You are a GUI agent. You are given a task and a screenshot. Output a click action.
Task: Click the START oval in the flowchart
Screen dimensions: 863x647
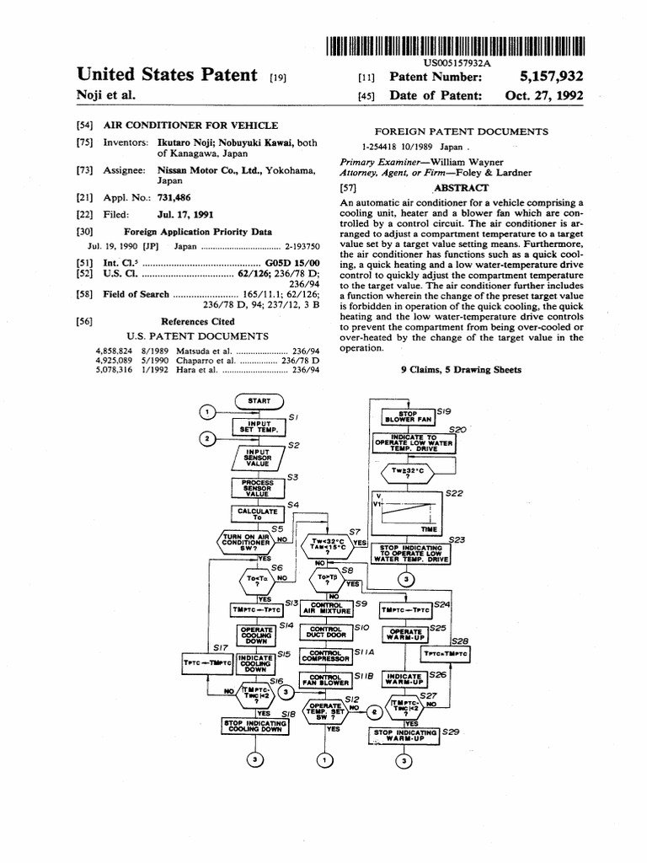[x=259, y=400]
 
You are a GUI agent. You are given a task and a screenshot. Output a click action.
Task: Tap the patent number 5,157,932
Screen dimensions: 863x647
[x=544, y=77]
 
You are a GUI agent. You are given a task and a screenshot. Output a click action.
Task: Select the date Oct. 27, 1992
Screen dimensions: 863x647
[x=544, y=96]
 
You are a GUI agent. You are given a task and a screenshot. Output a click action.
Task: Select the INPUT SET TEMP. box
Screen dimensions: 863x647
[x=259, y=426]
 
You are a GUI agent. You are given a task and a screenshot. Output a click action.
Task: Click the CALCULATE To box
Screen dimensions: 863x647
[x=258, y=514]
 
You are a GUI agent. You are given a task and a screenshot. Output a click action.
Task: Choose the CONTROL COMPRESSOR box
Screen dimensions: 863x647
[x=329, y=656]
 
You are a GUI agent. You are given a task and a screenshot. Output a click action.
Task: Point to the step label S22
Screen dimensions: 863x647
[x=456, y=493]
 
